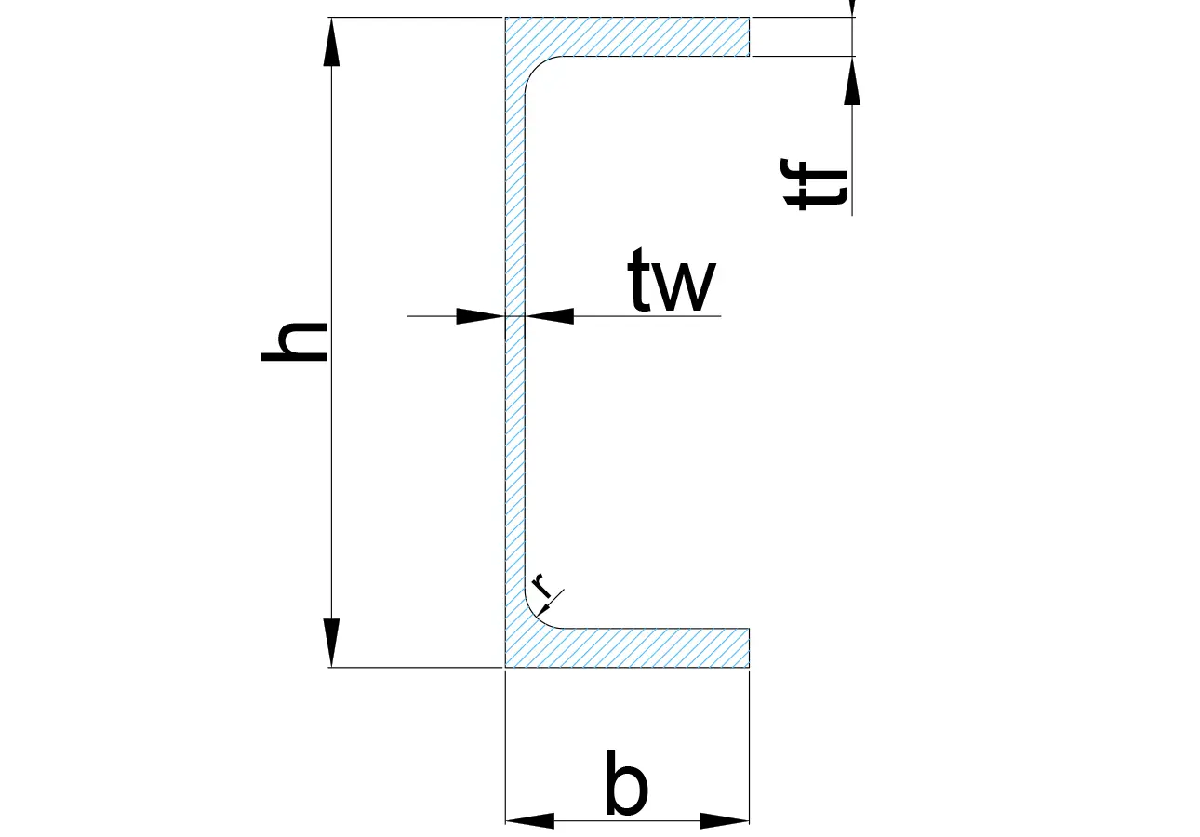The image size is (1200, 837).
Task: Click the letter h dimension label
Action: (294, 341)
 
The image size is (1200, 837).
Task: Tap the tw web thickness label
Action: (672, 279)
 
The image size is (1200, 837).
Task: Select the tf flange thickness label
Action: (814, 184)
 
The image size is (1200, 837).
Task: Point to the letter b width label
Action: (626, 782)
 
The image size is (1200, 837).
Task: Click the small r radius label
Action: (542, 585)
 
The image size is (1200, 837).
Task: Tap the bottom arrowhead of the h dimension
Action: (331, 643)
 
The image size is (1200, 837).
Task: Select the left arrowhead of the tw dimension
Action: (480, 316)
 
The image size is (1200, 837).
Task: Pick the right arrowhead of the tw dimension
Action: (549, 316)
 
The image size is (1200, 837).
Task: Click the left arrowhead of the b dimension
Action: (530, 820)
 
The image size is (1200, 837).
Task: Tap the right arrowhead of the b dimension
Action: (725, 820)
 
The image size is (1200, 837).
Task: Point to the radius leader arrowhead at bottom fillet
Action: (544, 609)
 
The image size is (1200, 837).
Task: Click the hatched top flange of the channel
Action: (627, 36)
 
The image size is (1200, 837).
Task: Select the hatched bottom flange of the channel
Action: (627, 648)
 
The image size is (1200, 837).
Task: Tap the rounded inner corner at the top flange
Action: (536, 67)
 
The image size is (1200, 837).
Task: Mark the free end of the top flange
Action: (749, 36)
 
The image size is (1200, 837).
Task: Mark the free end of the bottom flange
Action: (749, 648)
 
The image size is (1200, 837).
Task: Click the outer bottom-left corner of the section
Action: (505, 667)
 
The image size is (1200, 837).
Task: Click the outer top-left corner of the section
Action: (505, 17)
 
